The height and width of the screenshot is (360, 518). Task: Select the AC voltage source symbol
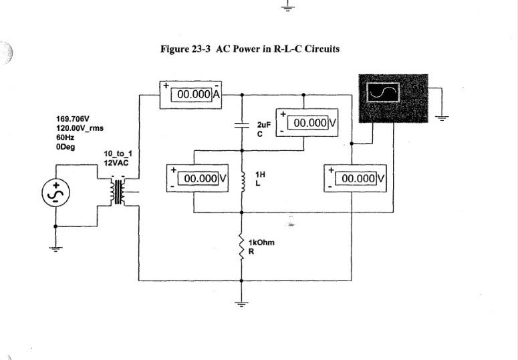[x=55, y=193]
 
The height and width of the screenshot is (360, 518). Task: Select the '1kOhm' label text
[x=261, y=242]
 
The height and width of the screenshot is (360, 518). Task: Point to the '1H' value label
[x=261, y=174]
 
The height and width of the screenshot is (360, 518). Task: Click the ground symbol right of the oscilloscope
[x=441, y=117]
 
